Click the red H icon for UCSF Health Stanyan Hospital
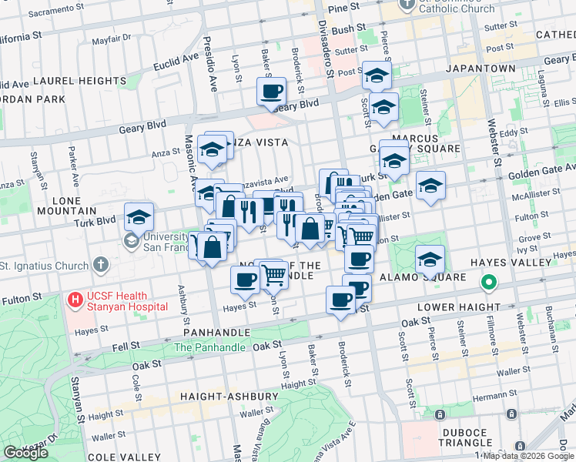(75, 299)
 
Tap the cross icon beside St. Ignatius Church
(100, 266)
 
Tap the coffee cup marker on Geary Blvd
(271, 92)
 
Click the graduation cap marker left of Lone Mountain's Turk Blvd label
(139, 216)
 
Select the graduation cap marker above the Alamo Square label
(430, 259)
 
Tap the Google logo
(26, 453)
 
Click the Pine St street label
(344, 7)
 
